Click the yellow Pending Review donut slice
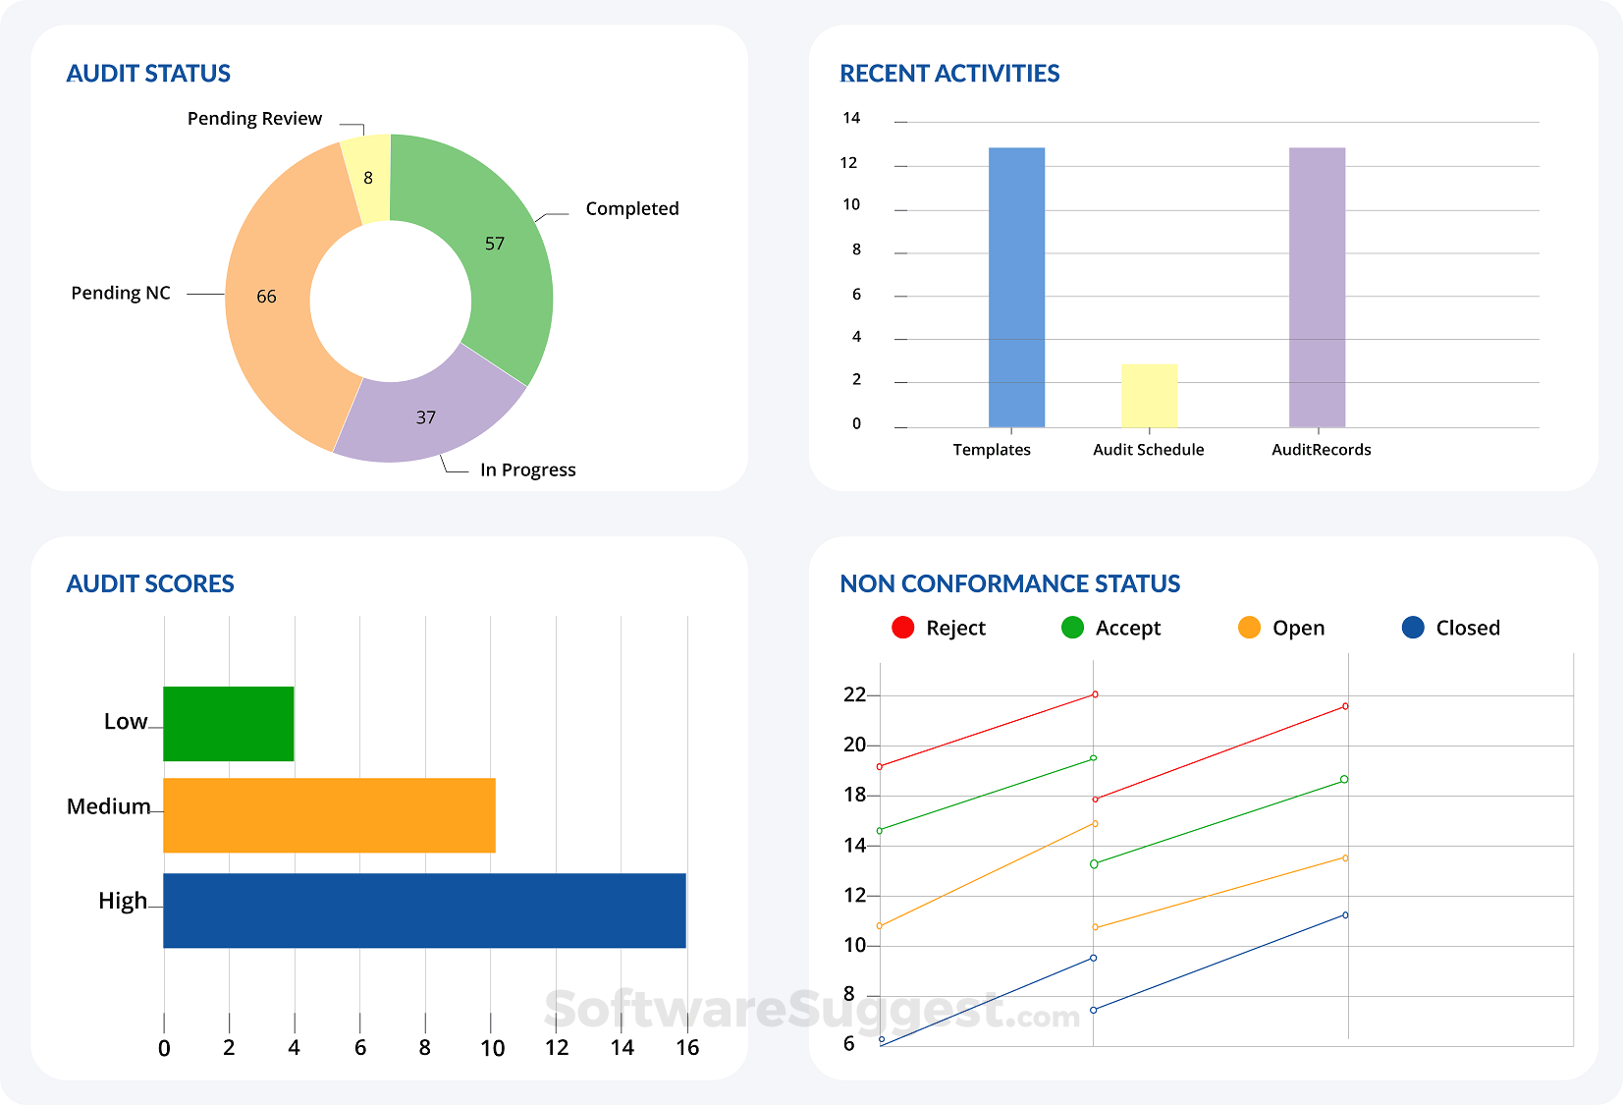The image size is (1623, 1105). pos(368,179)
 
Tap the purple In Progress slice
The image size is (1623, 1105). pos(426,417)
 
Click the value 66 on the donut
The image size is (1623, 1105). pos(266,297)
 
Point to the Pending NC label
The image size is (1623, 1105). pos(121,293)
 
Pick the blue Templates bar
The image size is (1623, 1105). pos(1016,287)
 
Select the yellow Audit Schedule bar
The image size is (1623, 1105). pos(1149,395)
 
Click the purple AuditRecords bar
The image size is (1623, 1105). pos(1317,287)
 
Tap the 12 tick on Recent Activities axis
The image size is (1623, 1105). pos(849,162)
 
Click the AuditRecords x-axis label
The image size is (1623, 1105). pos(1321,450)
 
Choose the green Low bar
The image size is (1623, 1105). pos(228,724)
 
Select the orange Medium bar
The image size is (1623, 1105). pos(329,815)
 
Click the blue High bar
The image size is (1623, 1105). pos(424,911)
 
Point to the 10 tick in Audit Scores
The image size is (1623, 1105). pos(492,1048)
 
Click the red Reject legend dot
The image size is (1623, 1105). pos(902,628)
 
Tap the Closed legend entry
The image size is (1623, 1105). pos(1451,628)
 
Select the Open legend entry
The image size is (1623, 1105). pos(1281,628)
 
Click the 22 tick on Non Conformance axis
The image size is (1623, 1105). pos(854,694)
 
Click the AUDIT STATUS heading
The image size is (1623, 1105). pos(148,74)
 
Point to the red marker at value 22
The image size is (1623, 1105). pos(1095,694)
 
